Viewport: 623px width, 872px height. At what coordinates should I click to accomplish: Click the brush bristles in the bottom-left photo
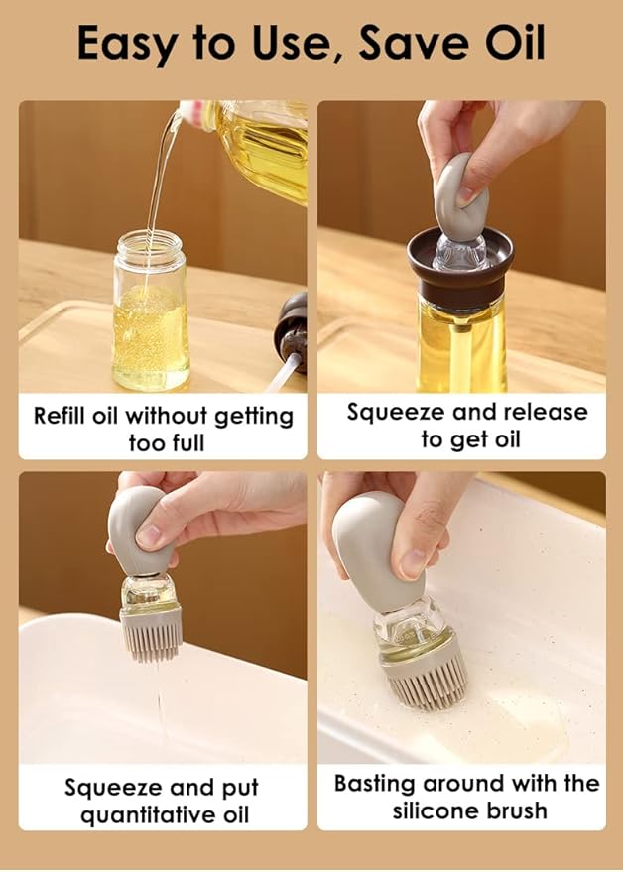click(152, 635)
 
